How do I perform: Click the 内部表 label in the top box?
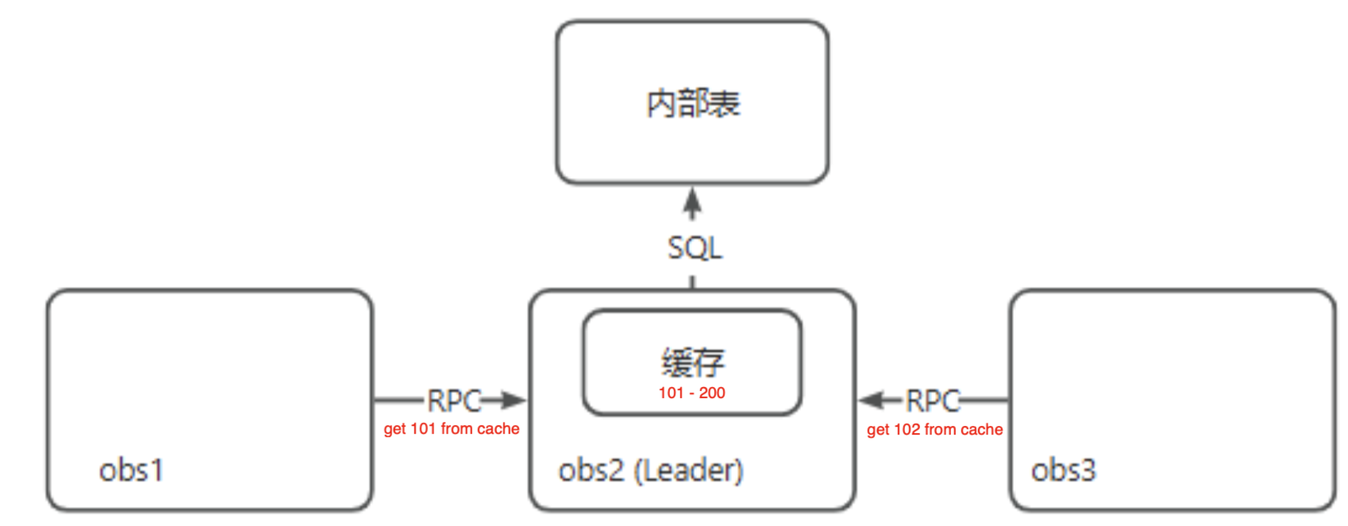(x=693, y=104)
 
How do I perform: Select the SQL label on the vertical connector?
(x=695, y=248)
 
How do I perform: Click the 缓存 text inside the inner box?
(x=692, y=362)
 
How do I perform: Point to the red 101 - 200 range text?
(x=691, y=393)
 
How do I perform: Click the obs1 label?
(x=131, y=470)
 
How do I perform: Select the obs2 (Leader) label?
(x=651, y=470)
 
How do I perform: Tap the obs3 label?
(x=1063, y=470)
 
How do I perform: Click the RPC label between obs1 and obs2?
(x=454, y=401)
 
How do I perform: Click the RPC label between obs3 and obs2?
(x=933, y=401)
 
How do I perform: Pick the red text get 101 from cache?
(x=451, y=429)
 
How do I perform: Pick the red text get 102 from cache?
(x=934, y=430)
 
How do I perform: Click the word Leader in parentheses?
(x=688, y=470)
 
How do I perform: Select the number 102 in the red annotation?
(x=907, y=430)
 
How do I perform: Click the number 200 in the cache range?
(x=712, y=393)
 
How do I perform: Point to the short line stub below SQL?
(x=692, y=282)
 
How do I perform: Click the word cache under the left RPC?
(x=499, y=429)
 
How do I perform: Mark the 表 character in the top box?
(x=725, y=104)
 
